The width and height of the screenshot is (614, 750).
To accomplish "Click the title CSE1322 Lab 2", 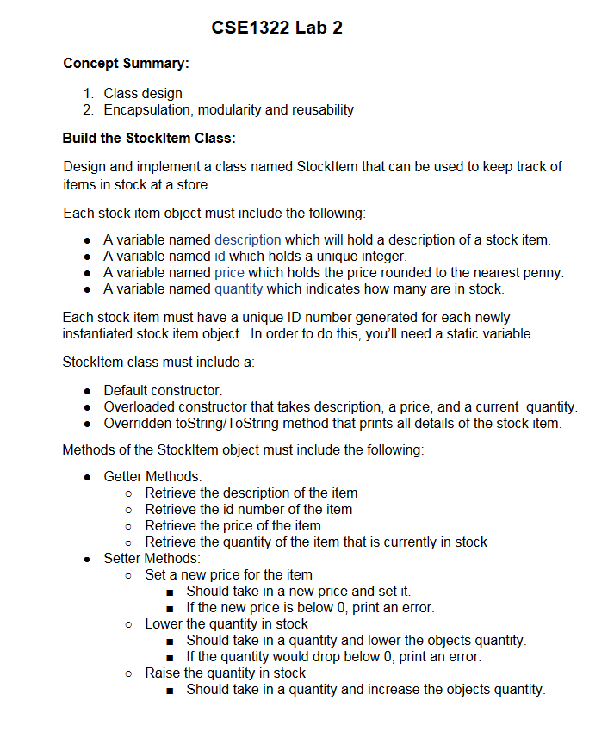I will point(276,28).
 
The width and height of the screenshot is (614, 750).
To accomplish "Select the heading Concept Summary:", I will point(126,64).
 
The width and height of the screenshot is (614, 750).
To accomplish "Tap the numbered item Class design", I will point(143,93).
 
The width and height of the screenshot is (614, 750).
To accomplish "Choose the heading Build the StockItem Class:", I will point(149,138).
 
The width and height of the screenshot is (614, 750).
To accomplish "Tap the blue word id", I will point(220,256).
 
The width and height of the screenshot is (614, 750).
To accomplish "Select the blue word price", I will point(229,272).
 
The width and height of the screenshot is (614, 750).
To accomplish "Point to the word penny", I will point(543,272).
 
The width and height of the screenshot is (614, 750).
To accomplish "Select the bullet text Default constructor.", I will point(163,390).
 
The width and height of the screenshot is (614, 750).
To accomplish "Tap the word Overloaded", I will point(137,406).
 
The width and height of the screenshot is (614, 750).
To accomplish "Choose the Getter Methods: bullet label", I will point(153,476).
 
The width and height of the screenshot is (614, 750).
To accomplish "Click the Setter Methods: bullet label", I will point(152,558).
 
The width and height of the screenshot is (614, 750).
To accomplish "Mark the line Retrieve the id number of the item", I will point(248,509).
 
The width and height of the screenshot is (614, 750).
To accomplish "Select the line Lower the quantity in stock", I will point(226,623).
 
